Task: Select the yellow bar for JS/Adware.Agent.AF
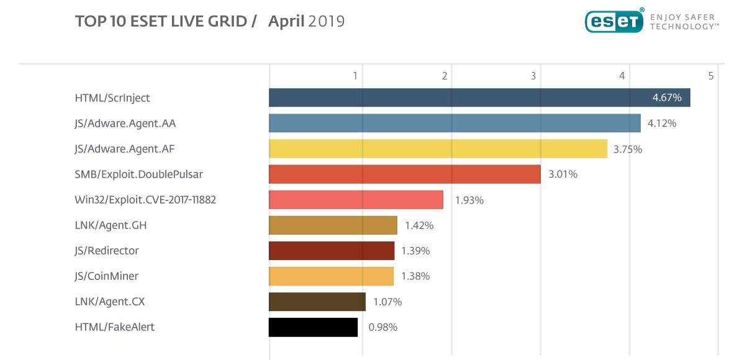tap(438, 149)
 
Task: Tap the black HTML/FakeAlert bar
tap(313, 327)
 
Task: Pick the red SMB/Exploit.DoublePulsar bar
tap(404, 174)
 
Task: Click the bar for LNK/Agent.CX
tap(317, 302)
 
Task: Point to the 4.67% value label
tap(667, 98)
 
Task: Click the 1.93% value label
tap(469, 200)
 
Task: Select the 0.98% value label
tap(383, 327)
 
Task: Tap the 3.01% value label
tap(563, 174)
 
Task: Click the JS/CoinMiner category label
tap(106, 276)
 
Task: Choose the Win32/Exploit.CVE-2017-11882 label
tap(145, 200)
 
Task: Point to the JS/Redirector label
tap(107, 251)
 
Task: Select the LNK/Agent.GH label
tap(109, 225)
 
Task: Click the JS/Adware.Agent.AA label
tap(125, 124)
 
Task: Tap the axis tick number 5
tap(711, 76)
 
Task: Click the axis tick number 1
tap(355, 76)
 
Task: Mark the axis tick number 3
tap(533, 76)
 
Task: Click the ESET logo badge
tap(613, 22)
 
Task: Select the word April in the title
tap(286, 22)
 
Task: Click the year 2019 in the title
tap(327, 22)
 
